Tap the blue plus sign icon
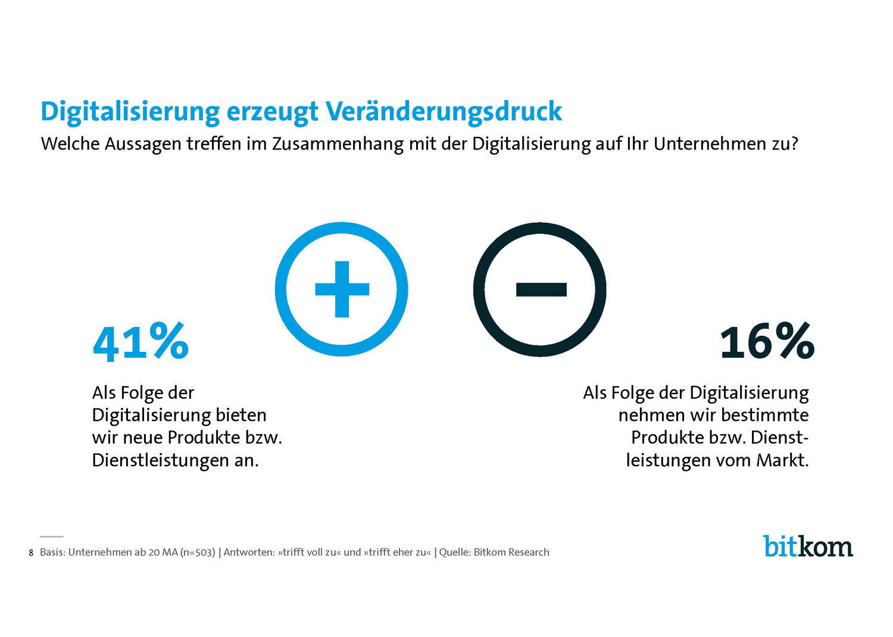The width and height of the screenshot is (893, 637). (342, 289)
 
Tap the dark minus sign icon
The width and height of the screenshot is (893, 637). (540, 289)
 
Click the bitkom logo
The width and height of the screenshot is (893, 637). (808, 547)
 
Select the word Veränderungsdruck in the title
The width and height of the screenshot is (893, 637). (444, 111)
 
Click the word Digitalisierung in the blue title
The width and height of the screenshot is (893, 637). (130, 111)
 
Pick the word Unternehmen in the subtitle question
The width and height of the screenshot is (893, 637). (709, 144)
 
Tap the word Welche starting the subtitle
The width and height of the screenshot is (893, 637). (70, 144)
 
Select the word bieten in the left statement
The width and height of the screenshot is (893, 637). (241, 415)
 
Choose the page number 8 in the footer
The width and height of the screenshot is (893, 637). (31, 553)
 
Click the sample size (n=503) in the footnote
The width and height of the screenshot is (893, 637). (198, 552)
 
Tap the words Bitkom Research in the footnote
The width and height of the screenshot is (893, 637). (511, 552)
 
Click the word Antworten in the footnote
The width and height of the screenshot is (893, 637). (248, 552)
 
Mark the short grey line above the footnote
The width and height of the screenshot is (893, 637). (52, 537)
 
